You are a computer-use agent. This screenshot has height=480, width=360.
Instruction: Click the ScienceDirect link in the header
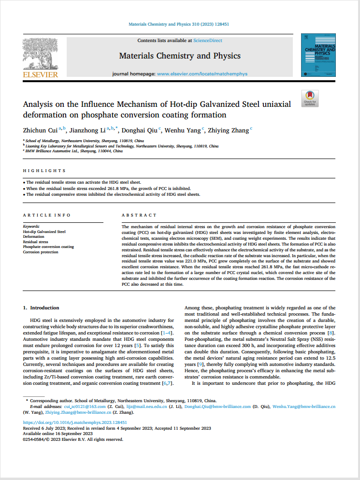pyautogui.click(x=208, y=41)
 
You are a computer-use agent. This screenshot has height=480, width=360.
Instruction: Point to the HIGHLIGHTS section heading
pyautogui.click(x=44, y=171)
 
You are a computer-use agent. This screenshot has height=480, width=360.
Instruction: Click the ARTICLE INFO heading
pyautogui.click(x=47, y=215)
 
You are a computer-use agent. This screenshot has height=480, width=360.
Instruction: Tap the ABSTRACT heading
pyautogui.click(x=139, y=215)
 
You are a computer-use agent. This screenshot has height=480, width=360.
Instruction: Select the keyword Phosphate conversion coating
pyautogui.click(x=48, y=247)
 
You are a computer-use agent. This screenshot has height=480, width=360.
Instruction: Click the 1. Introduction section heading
pyautogui.click(x=41, y=307)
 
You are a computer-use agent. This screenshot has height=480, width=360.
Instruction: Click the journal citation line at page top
pyautogui.click(x=179, y=24)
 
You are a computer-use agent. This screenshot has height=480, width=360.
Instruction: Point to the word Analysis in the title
pyautogui.click(x=39, y=104)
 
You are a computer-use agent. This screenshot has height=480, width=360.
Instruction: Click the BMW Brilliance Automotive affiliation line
pyautogui.click(x=74, y=151)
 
